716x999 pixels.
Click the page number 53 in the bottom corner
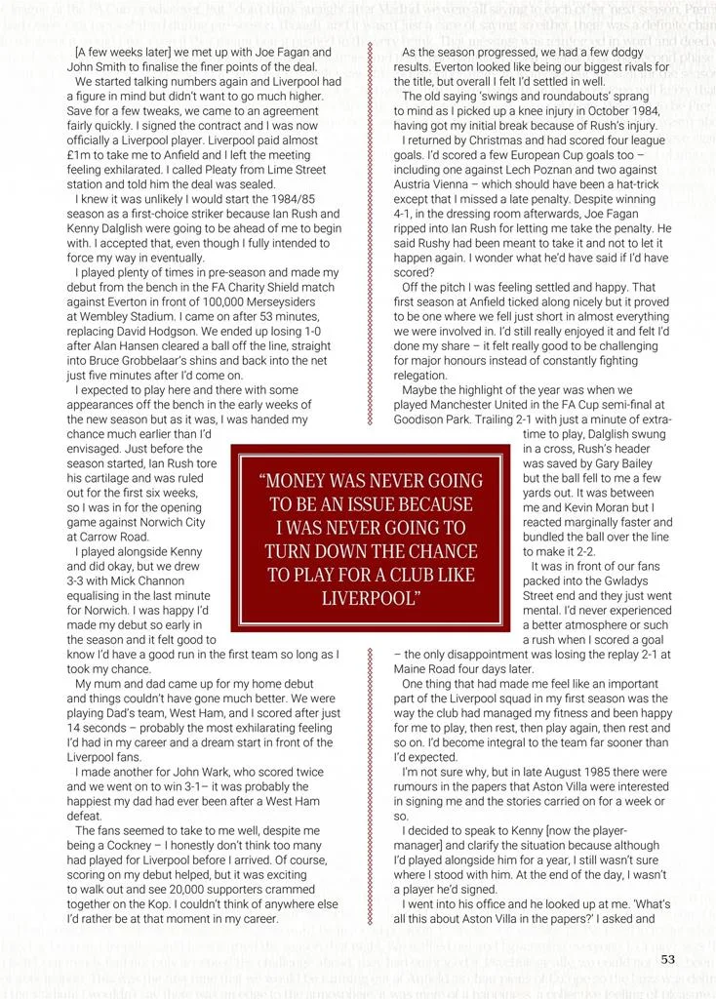click(667, 960)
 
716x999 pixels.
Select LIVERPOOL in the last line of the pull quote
click(371, 597)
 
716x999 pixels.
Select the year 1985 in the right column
click(568, 772)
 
